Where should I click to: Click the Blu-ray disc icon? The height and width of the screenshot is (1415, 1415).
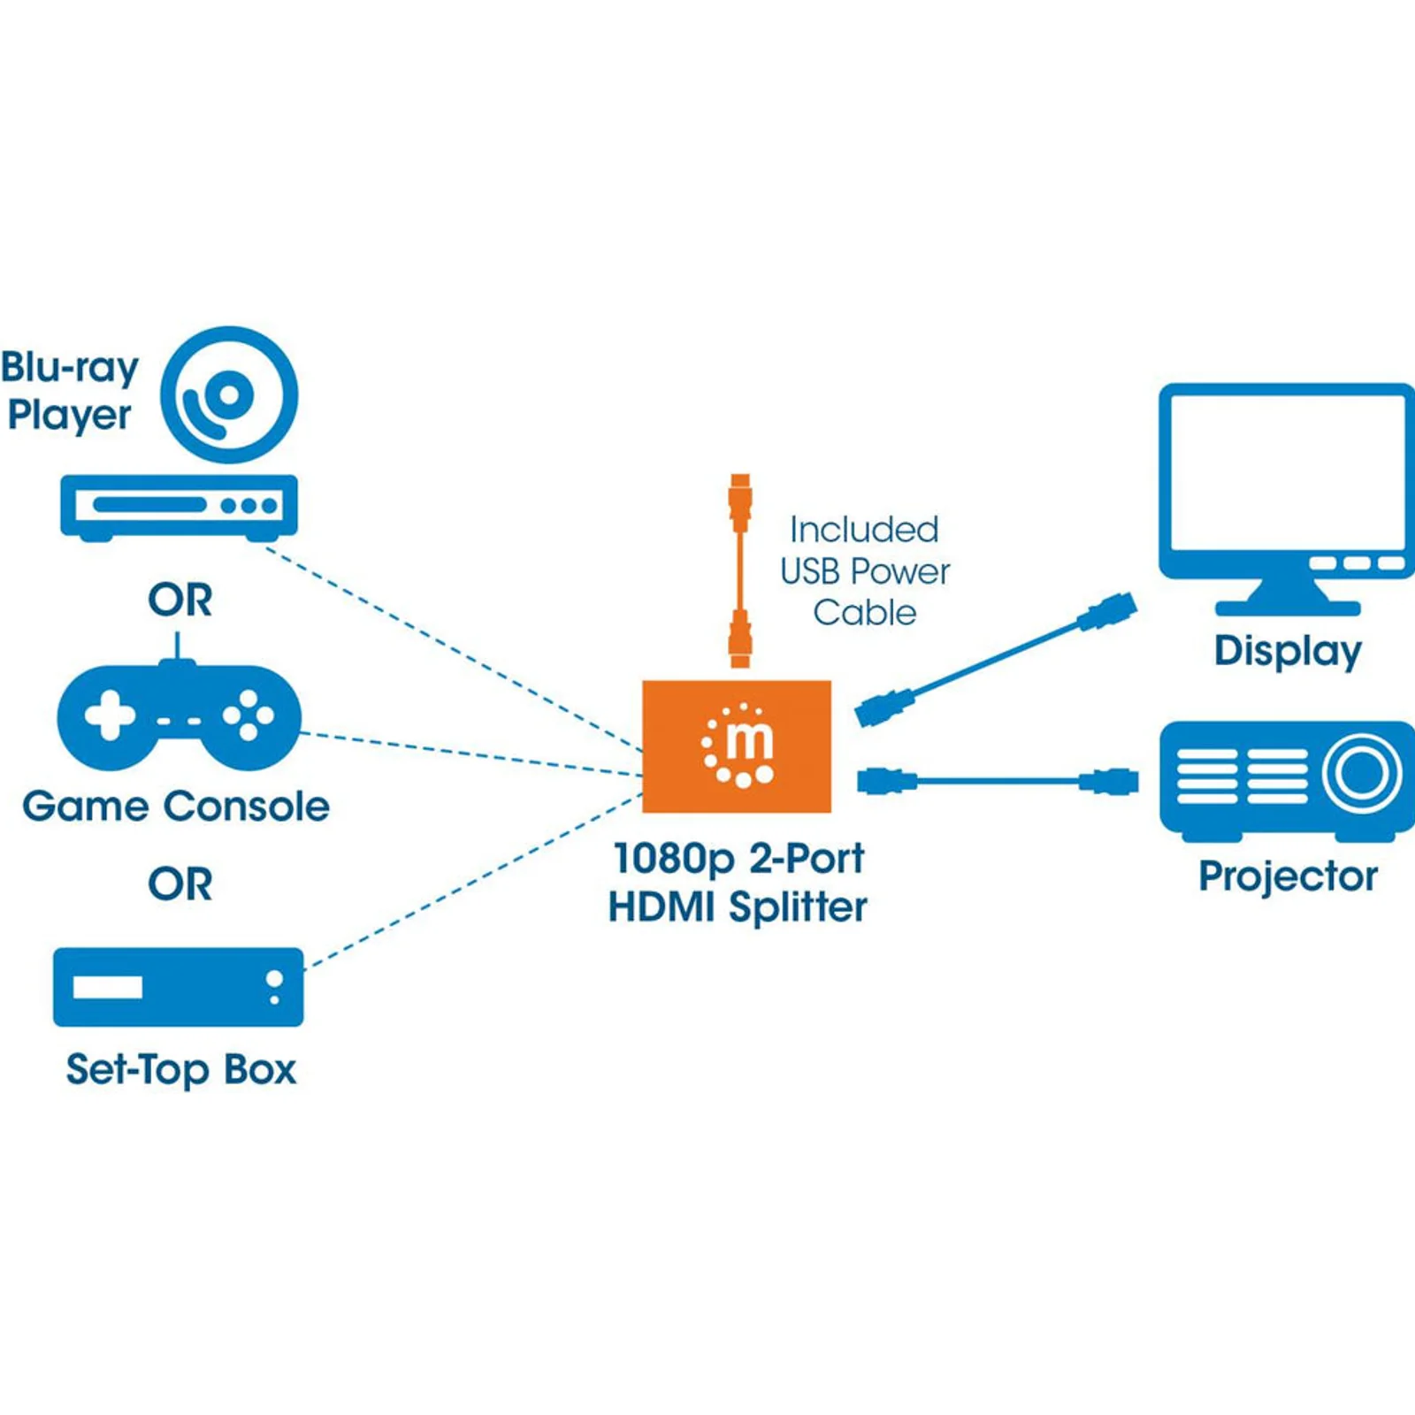(x=229, y=394)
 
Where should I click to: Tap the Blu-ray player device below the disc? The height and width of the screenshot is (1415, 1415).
(x=179, y=508)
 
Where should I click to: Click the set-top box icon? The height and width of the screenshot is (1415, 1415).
(x=179, y=987)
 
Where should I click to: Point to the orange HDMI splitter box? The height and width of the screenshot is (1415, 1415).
(x=737, y=746)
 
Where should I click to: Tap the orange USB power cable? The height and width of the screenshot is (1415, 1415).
(x=740, y=570)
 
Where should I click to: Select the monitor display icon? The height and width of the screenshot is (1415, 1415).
(x=1287, y=499)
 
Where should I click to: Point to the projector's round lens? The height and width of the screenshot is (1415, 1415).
(x=1362, y=773)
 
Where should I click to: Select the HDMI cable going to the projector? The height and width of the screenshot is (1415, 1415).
(x=998, y=781)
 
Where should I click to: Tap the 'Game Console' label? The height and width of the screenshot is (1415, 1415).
(x=176, y=807)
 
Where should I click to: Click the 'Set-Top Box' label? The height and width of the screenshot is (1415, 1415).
(x=180, y=1070)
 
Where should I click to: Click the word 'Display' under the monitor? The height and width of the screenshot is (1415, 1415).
(x=1288, y=652)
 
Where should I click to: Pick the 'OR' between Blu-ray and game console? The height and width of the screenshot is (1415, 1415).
(x=180, y=600)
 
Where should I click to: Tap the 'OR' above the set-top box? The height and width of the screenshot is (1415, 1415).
(x=180, y=884)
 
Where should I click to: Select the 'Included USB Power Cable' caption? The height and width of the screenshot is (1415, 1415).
(x=864, y=570)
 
